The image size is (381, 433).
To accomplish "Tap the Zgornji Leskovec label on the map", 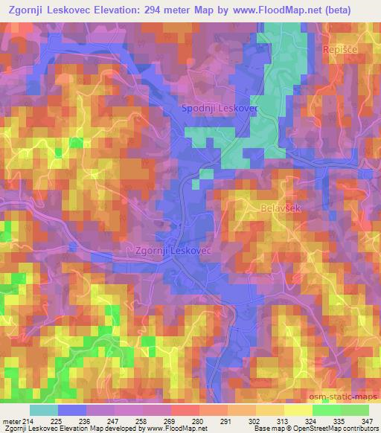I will click(x=173, y=251).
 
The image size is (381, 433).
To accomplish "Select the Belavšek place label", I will click(x=281, y=209).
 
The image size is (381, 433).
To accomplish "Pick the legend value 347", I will click(x=368, y=423).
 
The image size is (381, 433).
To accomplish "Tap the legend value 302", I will click(x=255, y=423).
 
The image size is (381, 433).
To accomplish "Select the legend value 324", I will click(x=312, y=423).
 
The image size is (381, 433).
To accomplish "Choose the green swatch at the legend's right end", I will click(x=353, y=410).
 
